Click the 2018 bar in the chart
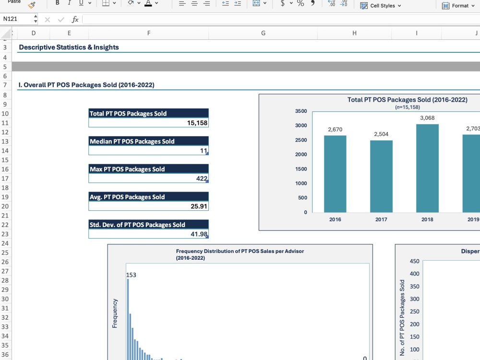click(x=427, y=168)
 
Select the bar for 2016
click(x=335, y=174)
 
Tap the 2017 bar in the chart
click(x=381, y=176)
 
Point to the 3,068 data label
click(x=427, y=118)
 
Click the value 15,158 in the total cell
click(x=197, y=123)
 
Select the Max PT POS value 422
click(x=202, y=179)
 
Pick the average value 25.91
click(x=199, y=206)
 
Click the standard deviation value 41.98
click(x=199, y=234)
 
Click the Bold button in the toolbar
click(x=57, y=3)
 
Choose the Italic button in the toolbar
click(x=69, y=3)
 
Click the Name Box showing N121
click(x=18, y=19)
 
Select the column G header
click(x=263, y=33)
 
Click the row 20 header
click(x=5, y=206)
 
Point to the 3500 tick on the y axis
click(x=301, y=111)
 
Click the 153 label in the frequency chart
click(x=131, y=275)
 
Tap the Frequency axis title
click(x=115, y=313)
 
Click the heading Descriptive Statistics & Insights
click(x=69, y=47)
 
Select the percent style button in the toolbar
click(x=300, y=3)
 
